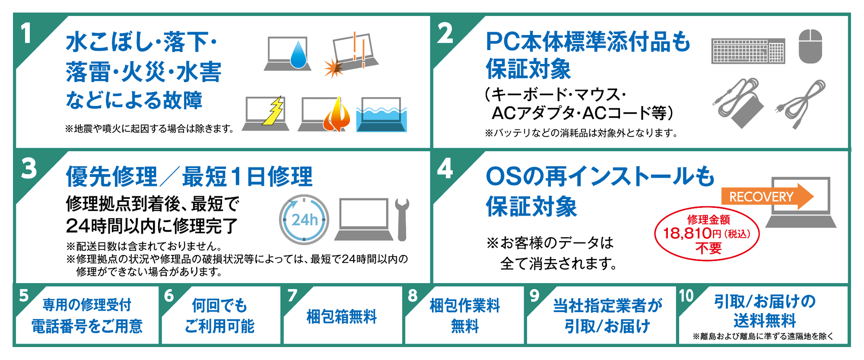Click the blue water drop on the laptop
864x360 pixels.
[x=298, y=55]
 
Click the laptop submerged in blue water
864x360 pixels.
[x=381, y=115]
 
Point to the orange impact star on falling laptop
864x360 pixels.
[x=333, y=68]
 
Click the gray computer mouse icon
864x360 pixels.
[x=810, y=46]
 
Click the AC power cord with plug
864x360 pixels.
[x=801, y=104]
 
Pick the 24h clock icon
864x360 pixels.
[x=304, y=220]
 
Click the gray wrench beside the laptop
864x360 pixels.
[x=402, y=218]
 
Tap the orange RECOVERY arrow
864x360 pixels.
[x=767, y=197]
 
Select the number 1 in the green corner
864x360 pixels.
[x=27, y=34]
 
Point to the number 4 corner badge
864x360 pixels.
[x=445, y=169]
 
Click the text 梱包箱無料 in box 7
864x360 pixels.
[x=341, y=317]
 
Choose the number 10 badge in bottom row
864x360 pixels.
[x=686, y=296]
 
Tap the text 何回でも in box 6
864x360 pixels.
[x=219, y=306]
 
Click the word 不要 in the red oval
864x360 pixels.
[x=708, y=248]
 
